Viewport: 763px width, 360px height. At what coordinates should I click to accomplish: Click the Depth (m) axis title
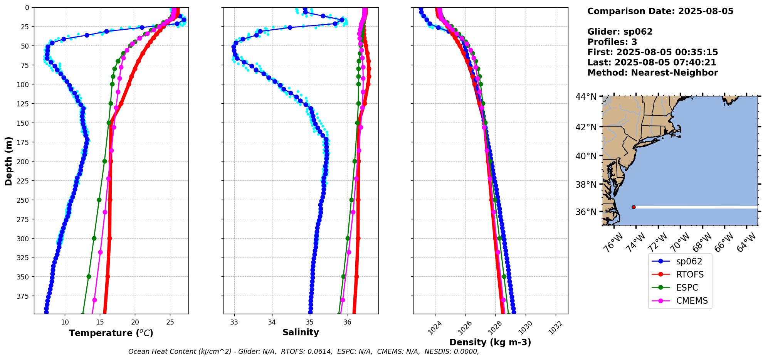pyautogui.click(x=8, y=161)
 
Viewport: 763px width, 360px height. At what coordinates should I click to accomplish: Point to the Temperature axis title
pyautogui.click(x=111, y=333)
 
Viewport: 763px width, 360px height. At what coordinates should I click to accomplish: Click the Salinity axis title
pyautogui.click(x=301, y=332)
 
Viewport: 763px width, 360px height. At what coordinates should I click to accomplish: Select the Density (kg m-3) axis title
pyautogui.click(x=490, y=342)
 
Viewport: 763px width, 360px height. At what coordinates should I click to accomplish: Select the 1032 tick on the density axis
pyautogui.click(x=555, y=328)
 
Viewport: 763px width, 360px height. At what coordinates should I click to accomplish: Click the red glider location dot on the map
pyautogui.click(x=634, y=207)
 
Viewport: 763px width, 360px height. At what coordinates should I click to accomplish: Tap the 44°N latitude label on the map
pyautogui.click(x=586, y=97)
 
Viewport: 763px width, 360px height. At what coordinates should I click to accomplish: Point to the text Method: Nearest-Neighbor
pyautogui.click(x=652, y=73)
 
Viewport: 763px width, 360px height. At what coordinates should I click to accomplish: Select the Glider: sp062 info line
pyautogui.click(x=620, y=32)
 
